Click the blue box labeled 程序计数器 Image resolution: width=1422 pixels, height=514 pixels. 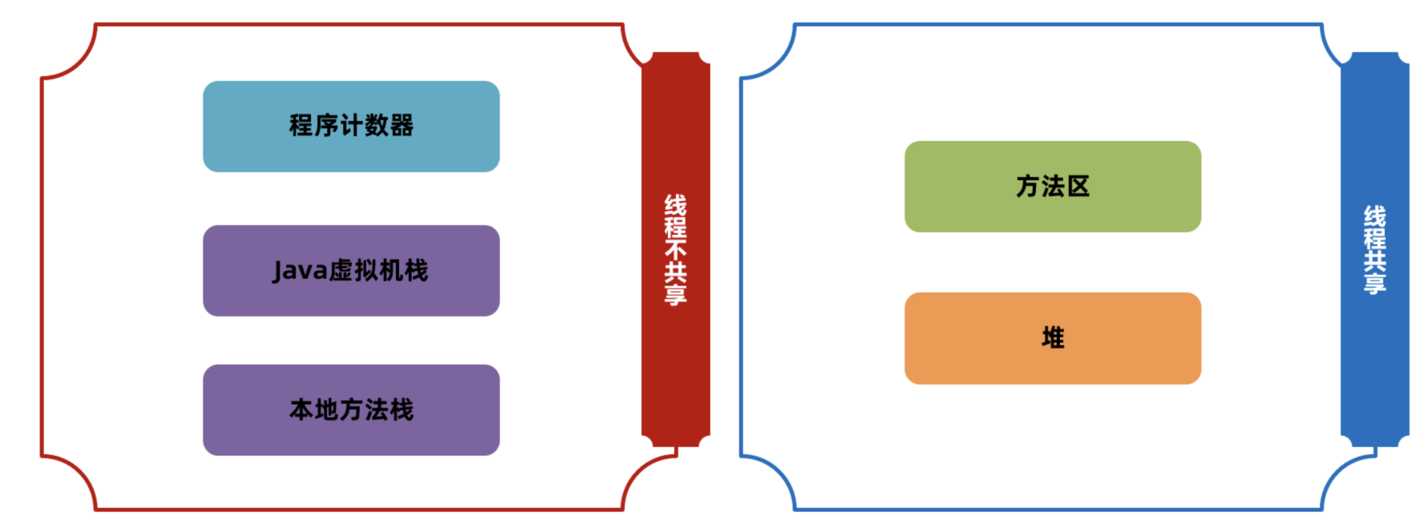(351, 126)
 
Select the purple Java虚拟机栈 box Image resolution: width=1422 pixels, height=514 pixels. (351, 271)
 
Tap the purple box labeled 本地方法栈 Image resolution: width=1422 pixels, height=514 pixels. (351, 410)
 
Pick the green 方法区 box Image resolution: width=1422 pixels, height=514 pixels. (1052, 187)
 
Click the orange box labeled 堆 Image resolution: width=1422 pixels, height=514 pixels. (1052, 338)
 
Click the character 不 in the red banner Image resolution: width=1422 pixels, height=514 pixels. (675, 250)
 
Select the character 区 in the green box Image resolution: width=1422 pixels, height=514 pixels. (1078, 187)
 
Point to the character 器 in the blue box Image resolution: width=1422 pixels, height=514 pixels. (402, 126)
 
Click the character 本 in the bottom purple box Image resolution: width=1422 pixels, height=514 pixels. (302, 410)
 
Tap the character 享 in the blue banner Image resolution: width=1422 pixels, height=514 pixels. (1375, 283)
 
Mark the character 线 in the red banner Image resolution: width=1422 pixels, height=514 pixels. (675, 204)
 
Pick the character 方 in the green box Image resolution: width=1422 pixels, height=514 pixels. (1028, 187)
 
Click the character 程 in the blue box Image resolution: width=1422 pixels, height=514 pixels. (301, 126)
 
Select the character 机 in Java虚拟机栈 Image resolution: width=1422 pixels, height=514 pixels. (391, 271)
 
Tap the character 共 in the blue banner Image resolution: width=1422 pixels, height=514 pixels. (1375, 260)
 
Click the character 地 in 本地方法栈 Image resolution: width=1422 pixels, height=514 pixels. (326, 410)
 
